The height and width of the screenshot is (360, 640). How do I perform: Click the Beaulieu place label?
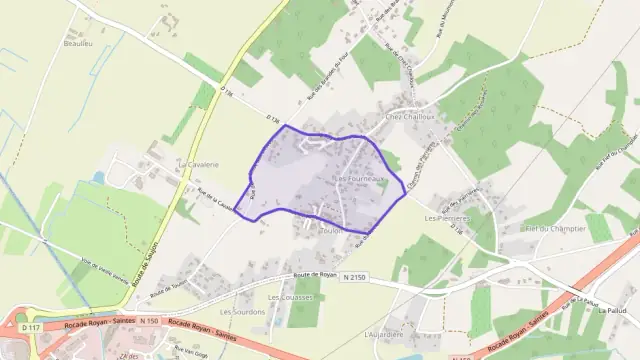78,45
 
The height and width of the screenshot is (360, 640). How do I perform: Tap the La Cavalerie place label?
198,163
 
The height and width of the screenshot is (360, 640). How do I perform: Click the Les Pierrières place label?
447,217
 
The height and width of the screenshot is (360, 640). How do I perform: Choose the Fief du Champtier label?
546,230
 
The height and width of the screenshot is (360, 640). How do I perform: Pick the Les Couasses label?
291,298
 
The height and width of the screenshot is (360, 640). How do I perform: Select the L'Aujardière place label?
384,333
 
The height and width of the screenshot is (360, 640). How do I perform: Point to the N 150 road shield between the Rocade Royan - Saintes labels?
149,321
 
